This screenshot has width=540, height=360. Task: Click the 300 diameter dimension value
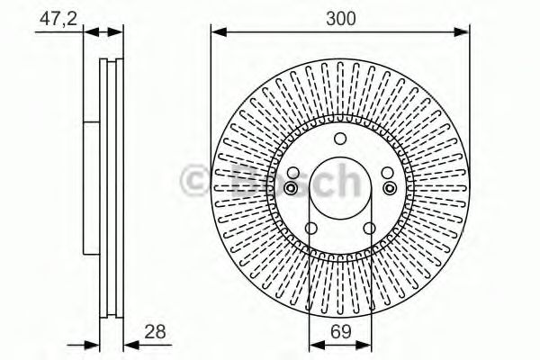coord(339,18)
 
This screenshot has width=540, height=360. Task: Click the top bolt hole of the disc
coord(340,139)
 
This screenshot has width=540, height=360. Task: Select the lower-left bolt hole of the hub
coord(310,229)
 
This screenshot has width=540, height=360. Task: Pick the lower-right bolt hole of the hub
coord(370,229)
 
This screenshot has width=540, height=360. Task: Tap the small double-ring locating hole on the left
coord(292,187)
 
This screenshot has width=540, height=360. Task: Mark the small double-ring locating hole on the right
coord(389,187)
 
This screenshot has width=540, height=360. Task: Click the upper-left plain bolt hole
coord(293,174)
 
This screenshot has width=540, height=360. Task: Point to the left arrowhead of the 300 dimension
coord(217,33)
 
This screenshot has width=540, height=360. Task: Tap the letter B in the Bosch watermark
coord(245,180)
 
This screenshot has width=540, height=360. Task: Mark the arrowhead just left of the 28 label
coord(129,344)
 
